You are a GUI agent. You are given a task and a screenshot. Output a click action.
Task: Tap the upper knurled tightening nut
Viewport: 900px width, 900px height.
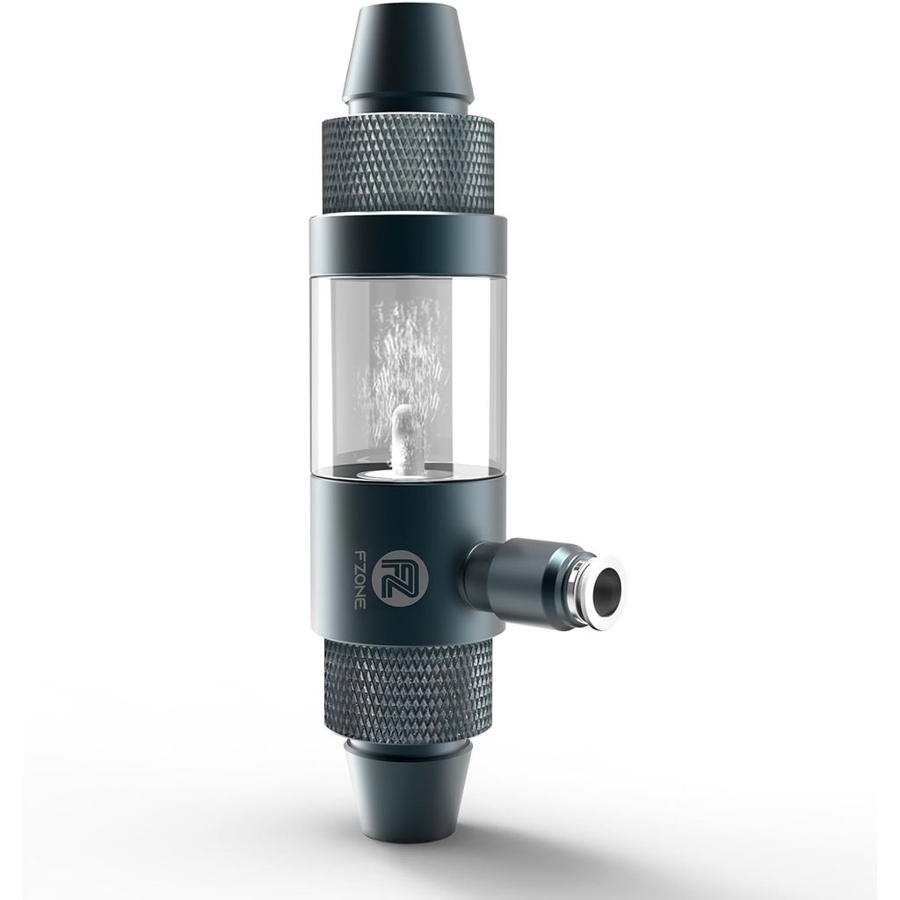[x=407, y=163]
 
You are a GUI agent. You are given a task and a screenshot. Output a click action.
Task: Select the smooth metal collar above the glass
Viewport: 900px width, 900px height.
[x=407, y=245]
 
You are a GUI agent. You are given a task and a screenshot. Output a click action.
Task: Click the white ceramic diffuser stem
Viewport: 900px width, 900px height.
[x=403, y=434]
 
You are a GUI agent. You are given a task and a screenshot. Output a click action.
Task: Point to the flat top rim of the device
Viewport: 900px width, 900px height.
[x=407, y=12]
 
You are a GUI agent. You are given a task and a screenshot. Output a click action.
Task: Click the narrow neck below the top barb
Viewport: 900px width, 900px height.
[x=407, y=109]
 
